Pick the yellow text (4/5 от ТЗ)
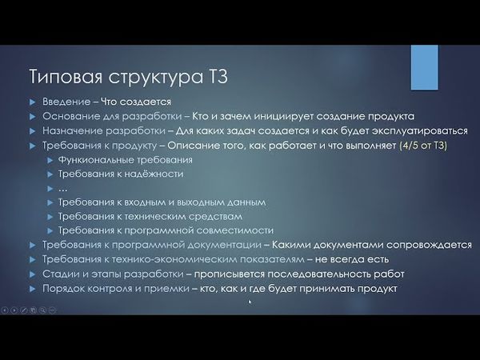(422, 145)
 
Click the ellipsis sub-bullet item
(62, 188)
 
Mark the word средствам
(213, 216)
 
